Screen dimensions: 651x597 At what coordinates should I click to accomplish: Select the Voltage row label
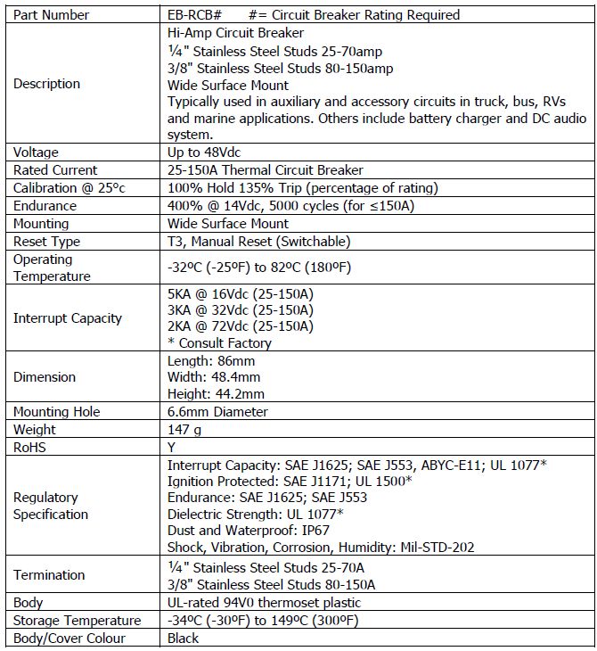coord(37,152)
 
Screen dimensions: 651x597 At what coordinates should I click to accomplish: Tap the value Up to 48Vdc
coord(204,152)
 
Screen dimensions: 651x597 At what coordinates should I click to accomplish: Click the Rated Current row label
coord(55,170)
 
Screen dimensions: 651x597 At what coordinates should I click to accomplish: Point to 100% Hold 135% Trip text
coord(302,188)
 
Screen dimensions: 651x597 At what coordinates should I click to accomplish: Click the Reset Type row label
coord(46,242)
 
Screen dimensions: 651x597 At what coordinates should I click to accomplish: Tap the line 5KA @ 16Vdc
coord(241,293)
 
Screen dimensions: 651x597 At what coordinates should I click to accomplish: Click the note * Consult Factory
coord(219,343)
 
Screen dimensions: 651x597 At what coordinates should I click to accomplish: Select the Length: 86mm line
coord(211,361)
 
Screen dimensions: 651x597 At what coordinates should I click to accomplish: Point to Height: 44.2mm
coord(217,394)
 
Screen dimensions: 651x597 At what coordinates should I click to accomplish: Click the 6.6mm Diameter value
coord(217,412)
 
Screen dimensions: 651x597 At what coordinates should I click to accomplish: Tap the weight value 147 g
coord(185,430)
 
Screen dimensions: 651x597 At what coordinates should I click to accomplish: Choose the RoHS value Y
coord(172,448)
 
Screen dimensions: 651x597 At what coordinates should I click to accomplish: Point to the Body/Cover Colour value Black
coord(184,639)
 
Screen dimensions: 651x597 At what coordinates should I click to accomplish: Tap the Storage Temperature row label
coord(78,621)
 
